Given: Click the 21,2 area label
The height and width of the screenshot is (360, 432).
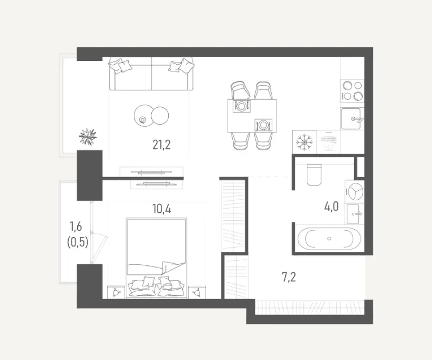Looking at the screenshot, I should tap(161, 144).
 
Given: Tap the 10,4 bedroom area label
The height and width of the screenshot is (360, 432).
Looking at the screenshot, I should tap(161, 209).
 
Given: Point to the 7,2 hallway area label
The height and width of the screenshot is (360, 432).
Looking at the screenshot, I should tap(289, 277).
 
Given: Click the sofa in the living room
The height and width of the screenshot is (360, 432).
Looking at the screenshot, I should tap(151, 75).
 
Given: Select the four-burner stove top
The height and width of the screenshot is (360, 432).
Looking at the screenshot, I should tap(352, 91).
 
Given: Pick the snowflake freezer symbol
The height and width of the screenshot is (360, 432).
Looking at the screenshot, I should tap(304, 141).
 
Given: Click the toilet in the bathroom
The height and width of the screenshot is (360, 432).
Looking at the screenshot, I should tap(313, 175).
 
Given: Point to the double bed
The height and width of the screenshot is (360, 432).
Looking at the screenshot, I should tap(156, 256).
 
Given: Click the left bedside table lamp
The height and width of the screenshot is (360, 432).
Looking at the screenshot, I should tap(115, 292).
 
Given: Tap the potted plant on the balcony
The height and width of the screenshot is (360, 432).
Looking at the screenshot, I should tap(88, 136).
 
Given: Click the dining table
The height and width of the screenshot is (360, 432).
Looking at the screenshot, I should tap(252, 116).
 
